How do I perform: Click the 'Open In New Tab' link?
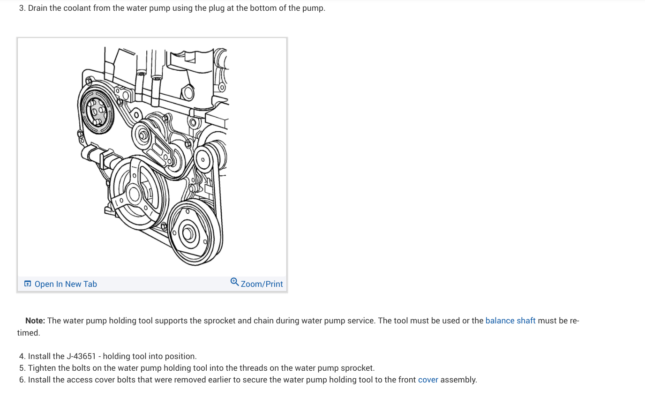pos(65,284)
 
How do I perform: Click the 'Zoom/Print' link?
pos(262,284)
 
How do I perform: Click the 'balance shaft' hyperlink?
pos(510,321)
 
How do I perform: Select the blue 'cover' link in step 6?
pos(428,380)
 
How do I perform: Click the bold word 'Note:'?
pos(35,321)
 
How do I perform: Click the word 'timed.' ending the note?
pos(29,333)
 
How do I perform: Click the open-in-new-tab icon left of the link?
pos(28,284)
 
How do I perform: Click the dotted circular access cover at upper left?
pos(97,112)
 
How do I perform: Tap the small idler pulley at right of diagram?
pos(203,159)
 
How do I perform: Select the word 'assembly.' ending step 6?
pos(458,380)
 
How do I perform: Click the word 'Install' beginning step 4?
pos(40,356)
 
